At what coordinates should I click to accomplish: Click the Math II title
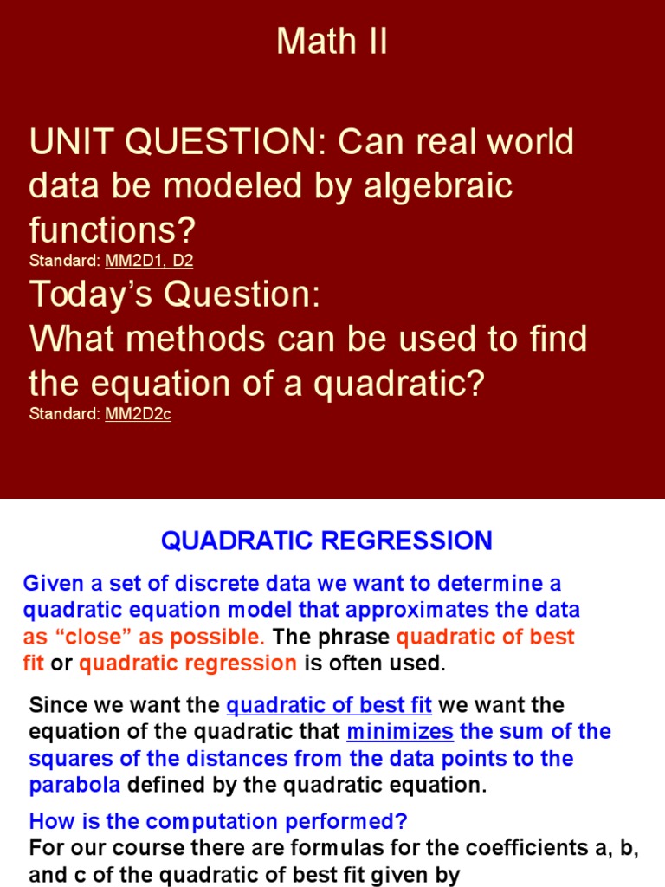tap(332, 41)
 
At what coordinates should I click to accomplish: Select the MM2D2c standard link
tap(138, 414)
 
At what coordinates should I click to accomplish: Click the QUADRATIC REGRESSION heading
tap(326, 541)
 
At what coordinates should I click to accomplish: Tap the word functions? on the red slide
tap(113, 230)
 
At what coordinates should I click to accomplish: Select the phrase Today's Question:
tap(175, 295)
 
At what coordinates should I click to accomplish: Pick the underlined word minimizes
tap(400, 732)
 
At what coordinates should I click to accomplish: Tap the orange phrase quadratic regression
tap(188, 664)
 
